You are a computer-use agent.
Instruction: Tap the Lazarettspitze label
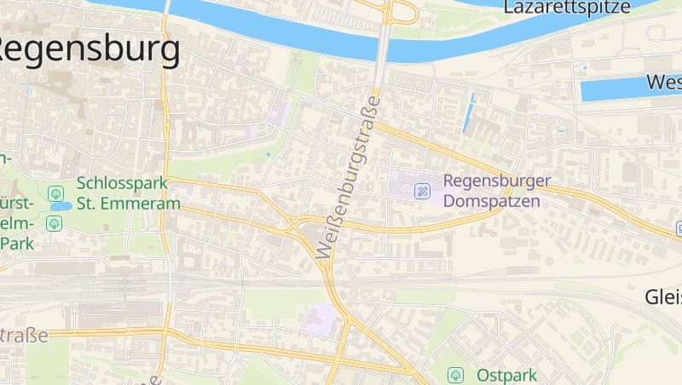click(567, 8)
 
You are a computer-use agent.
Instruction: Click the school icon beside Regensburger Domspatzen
click(421, 192)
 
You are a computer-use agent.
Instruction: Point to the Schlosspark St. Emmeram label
click(128, 193)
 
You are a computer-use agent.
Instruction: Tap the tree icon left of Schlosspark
click(55, 193)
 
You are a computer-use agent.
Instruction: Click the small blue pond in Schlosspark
click(60, 207)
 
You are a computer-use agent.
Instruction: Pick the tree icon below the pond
click(55, 223)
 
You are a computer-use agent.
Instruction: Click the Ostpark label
click(506, 375)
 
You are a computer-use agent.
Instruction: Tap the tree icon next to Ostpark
click(456, 374)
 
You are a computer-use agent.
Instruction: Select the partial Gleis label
click(663, 296)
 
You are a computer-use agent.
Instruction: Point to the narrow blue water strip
click(469, 113)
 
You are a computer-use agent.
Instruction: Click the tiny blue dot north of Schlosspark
click(268, 154)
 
